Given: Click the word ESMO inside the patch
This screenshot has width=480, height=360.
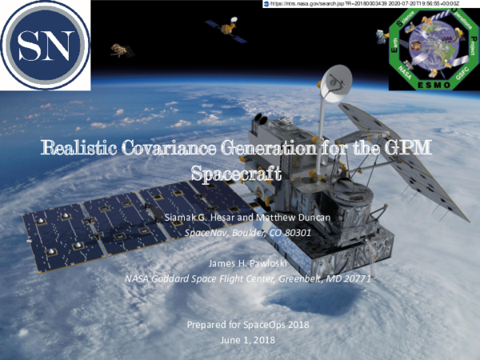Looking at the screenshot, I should click(x=433, y=81).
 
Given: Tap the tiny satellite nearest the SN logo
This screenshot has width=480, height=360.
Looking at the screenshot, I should click(x=122, y=50).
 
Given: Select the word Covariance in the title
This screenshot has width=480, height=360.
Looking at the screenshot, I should click(x=187, y=147).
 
